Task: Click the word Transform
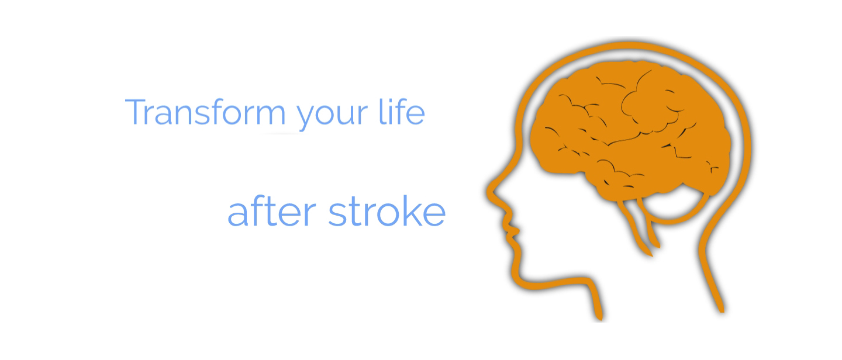(x=205, y=112)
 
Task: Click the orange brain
(x=631, y=128)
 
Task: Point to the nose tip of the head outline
(x=489, y=191)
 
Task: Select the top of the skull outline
(x=631, y=45)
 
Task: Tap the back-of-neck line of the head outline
(x=710, y=271)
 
